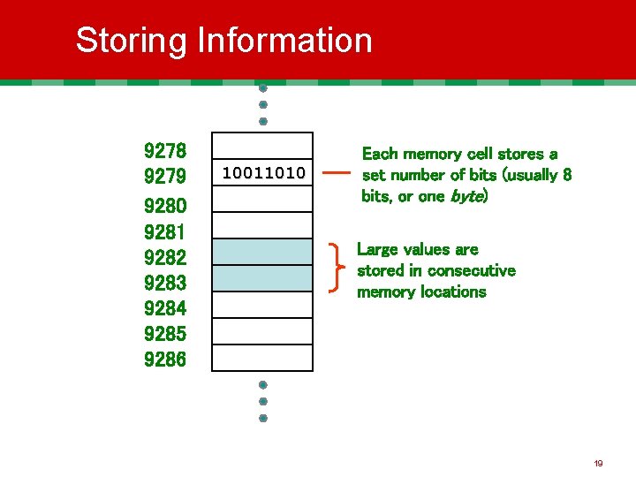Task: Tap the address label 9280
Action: click(x=164, y=207)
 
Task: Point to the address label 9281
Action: click(x=164, y=232)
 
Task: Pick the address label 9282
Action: click(x=164, y=258)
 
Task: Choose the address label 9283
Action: click(x=164, y=284)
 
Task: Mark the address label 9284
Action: click(x=164, y=309)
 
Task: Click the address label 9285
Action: click(x=164, y=335)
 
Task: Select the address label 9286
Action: click(x=164, y=360)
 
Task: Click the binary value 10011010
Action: click(x=263, y=172)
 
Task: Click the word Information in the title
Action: click(x=284, y=41)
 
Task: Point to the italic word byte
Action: click(x=466, y=196)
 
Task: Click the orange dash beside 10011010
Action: click(x=337, y=174)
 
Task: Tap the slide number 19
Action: click(x=598, y=463)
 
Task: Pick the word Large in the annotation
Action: click(x=379, y=249)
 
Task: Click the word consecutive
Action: click(x=473, y=270)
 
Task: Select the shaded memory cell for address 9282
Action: click(x=263, y=252)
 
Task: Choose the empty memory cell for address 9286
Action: click(x=263, y=358)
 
